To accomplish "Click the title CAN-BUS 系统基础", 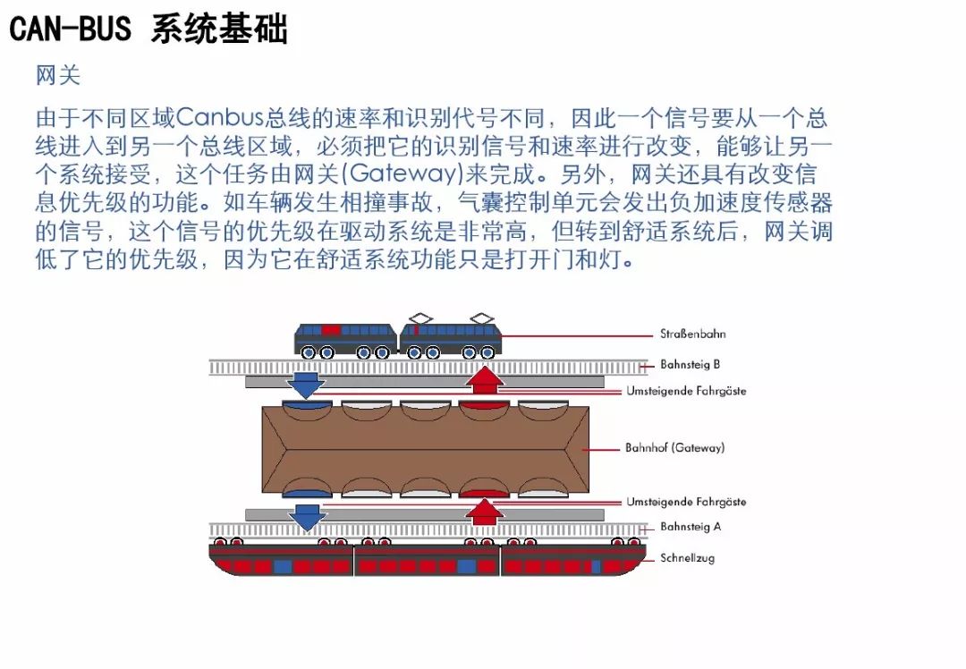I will click(148, 29).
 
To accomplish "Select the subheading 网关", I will click(58, 75).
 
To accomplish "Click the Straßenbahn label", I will click(692, 334).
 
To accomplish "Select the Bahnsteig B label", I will click(690, 365).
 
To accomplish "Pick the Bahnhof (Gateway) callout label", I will click(674, 447).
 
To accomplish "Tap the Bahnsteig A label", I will click(690, 527).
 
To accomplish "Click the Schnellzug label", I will click(687, 558).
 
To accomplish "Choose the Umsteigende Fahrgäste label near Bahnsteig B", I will click(686, 391).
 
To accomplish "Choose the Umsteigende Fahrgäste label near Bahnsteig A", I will click(686, 502).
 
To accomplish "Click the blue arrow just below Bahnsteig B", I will click(306, 384).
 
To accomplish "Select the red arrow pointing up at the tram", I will click(485, 379).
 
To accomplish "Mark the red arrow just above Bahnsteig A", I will click(485, 512).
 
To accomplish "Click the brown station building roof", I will click(426, 450).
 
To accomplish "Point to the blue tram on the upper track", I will click(398, 339).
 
